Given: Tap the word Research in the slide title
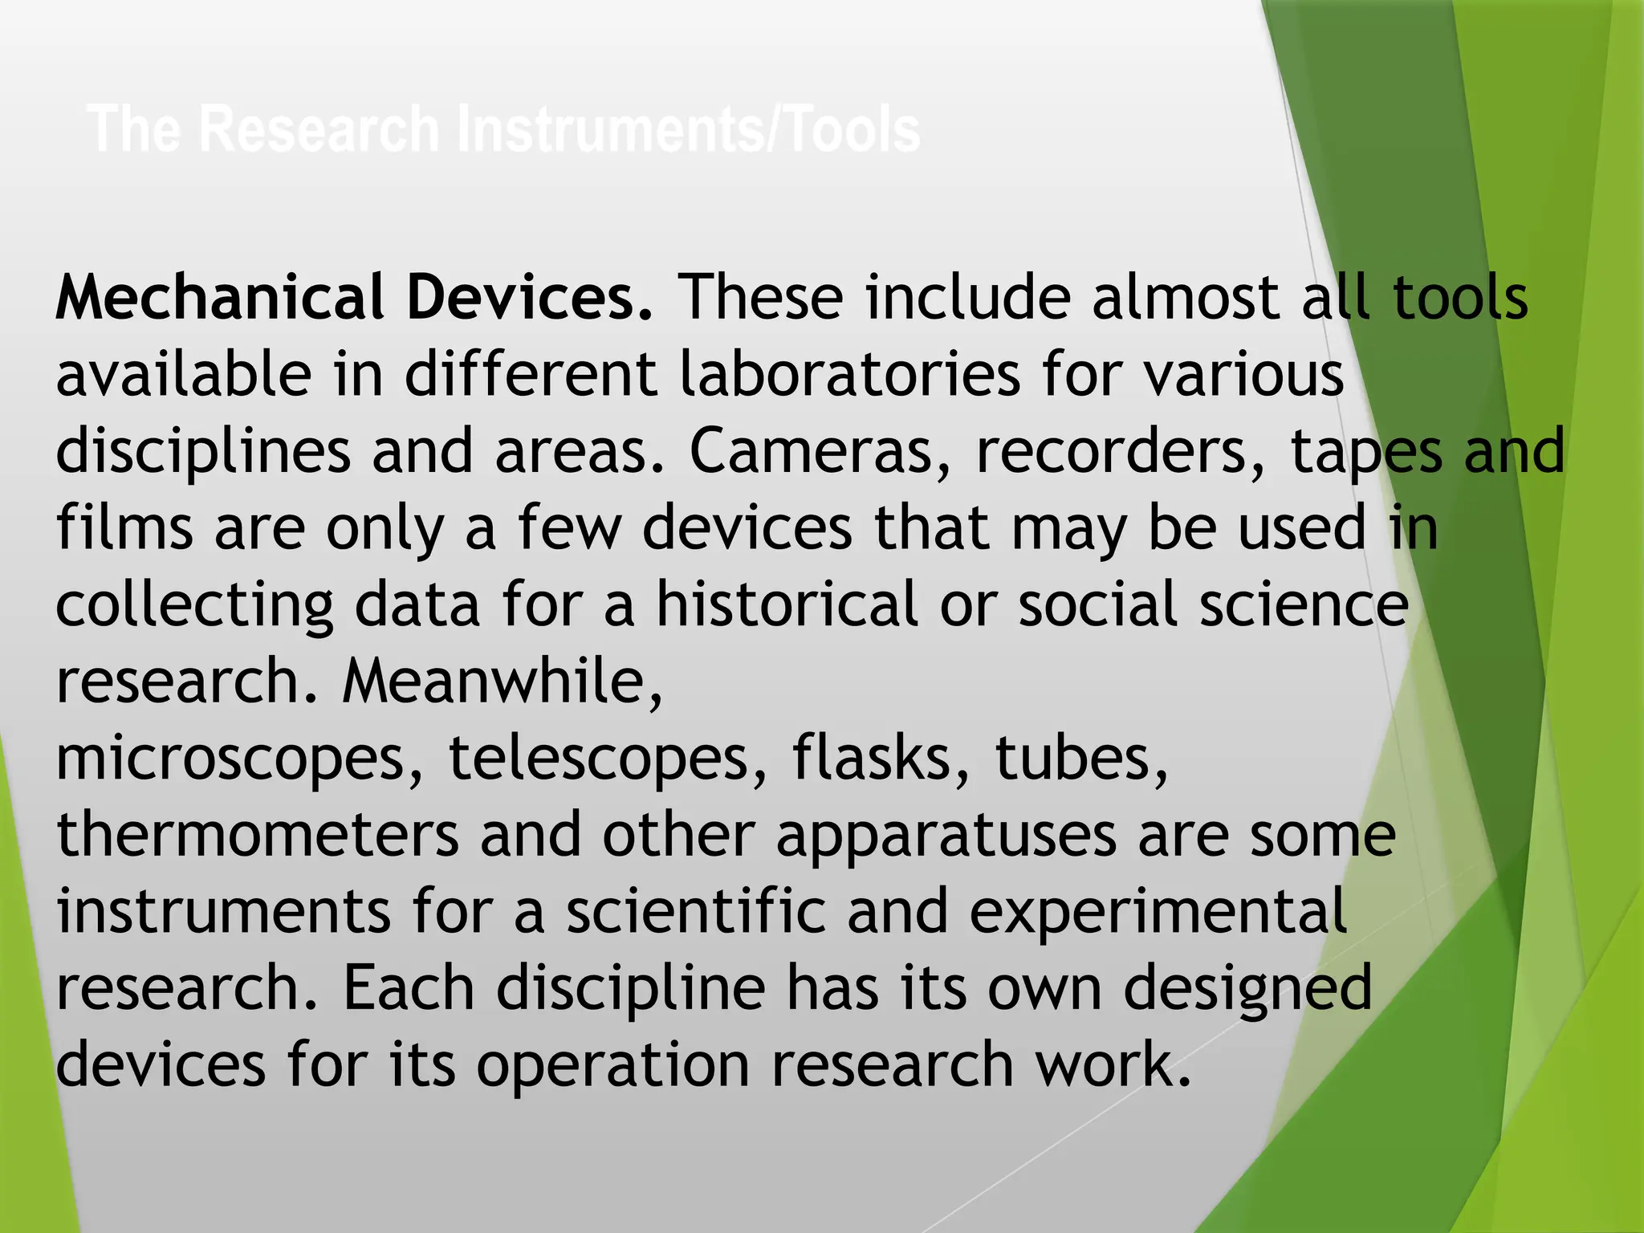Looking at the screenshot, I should [x=319, y=129].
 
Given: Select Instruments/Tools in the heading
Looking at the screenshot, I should [x=689, y=129].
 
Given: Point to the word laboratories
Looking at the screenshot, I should [x=850, y=374].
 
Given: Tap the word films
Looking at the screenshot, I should [x=124, y=527].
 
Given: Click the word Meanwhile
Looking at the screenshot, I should [x=503, y=682].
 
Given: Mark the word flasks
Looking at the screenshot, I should [x=881, y=759].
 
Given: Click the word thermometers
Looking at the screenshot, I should [x=258, y=835].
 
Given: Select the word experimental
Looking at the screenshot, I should [x=1158, y=913].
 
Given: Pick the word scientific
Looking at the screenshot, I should [x=696, y=911].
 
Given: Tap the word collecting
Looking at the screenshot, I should [x=194, y=606].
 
